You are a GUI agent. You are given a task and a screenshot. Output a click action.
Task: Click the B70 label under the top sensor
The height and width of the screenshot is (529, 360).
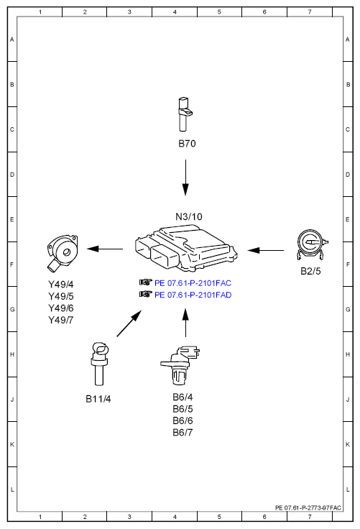(x=187, y=144)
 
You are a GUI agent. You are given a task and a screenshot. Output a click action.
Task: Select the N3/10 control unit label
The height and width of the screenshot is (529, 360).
(x=188, y=216)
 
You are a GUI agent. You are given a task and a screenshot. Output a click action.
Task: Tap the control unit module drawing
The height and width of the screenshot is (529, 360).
(x=186, y=248)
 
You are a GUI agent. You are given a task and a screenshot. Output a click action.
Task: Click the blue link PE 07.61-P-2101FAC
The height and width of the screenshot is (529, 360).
(x=193, y=283)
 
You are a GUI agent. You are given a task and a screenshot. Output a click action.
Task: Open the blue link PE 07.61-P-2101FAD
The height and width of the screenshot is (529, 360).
(x=193, y=295)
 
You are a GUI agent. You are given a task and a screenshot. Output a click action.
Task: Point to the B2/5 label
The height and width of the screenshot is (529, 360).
(x=310, y=271)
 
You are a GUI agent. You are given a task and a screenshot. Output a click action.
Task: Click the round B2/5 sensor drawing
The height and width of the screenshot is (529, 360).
(x=312, y=245)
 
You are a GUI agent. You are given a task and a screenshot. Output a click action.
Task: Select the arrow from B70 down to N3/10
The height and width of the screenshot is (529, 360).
(x=185, y=178)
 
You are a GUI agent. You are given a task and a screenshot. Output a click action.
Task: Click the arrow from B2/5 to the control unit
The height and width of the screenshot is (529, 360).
(x=266, y=250)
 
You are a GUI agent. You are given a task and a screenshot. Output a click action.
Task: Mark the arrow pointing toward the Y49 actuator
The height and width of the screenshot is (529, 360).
(x=105, y=249)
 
